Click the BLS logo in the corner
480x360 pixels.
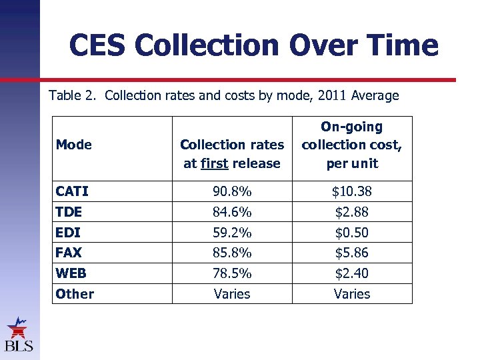(19, 335)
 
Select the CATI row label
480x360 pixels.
(72, 191)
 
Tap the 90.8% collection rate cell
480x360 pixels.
(232, 191)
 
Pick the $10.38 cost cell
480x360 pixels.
(352, 191)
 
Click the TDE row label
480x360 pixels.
(69, 212)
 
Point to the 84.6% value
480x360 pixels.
(232, 212)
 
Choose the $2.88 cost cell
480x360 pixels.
(352, 212)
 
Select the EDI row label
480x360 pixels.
(68, 233)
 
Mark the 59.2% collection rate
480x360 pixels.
(232, 233)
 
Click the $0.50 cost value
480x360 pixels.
(352, 233)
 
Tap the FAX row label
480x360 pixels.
(69, 253)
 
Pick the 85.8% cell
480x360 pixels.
(232, 253)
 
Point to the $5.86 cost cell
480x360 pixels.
(352, 253)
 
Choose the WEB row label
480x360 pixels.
(71, 273)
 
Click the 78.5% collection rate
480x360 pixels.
(232, 273)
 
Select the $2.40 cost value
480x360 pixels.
(352, 273)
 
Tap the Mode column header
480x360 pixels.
(74, 145)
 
